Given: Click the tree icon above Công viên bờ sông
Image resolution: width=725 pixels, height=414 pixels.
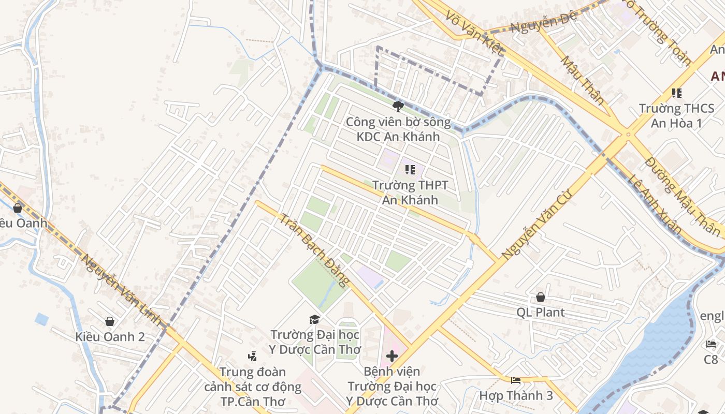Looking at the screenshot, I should [398, 107].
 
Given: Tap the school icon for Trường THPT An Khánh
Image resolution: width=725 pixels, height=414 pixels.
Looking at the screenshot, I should [410, 170].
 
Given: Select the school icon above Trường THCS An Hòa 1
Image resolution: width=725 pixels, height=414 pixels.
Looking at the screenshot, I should [676, 93].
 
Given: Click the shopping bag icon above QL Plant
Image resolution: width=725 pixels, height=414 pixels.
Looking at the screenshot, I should [540, 297].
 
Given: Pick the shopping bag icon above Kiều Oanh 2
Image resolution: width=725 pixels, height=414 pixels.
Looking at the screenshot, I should [110, 321].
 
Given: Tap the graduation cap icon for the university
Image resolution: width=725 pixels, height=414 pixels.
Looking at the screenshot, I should [314, 319].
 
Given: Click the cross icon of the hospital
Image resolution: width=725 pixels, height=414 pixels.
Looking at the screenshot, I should [392, 356].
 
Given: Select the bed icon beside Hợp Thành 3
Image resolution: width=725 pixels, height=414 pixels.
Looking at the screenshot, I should [516, 380].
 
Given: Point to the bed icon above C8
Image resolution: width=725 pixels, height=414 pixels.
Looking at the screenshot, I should [711, 344].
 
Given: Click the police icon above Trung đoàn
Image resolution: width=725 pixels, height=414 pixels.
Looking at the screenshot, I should [252, 356].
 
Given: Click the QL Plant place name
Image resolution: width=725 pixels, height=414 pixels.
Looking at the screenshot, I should [541, 313].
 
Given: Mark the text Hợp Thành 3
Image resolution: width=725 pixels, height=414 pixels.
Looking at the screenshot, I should [516, 396].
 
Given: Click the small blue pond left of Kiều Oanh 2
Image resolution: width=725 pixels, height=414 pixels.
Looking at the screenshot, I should [42, 319].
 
